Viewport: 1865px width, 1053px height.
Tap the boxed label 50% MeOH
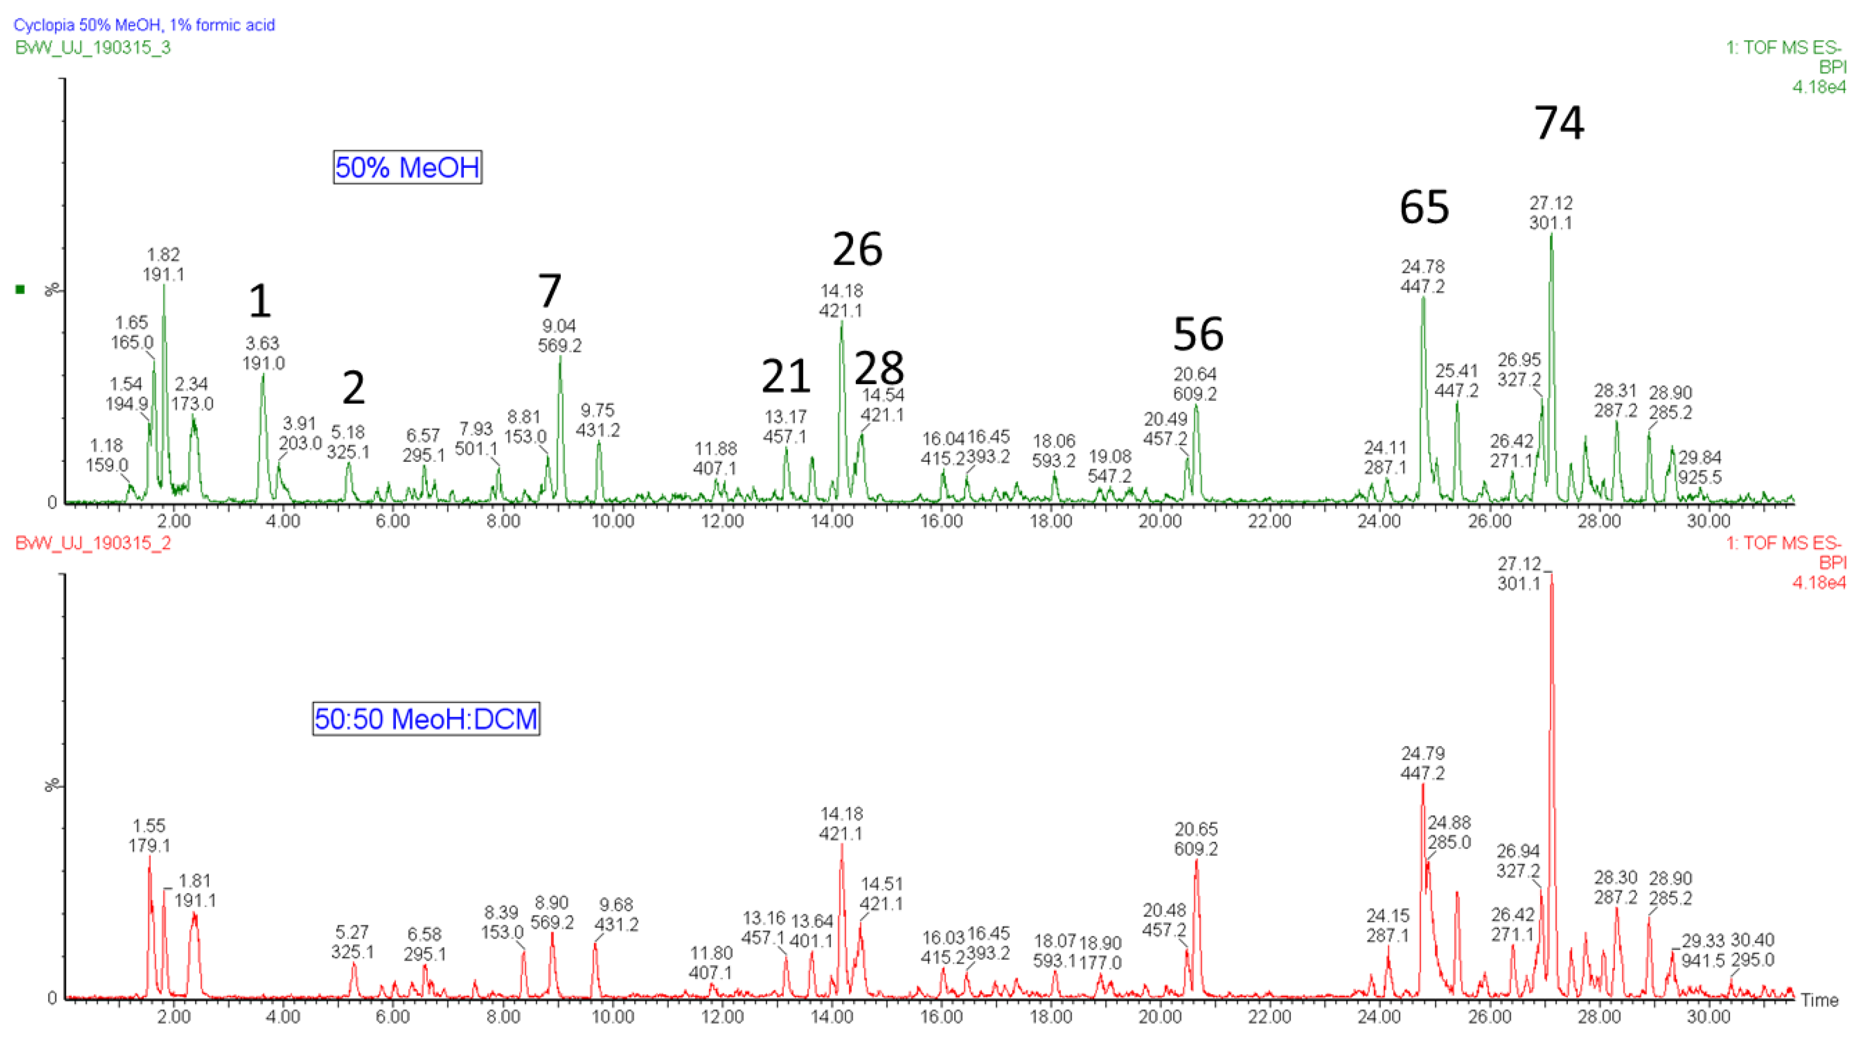(407, 167)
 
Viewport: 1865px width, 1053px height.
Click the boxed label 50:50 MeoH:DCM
(426, 718)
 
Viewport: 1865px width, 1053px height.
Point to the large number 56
(1198, 334)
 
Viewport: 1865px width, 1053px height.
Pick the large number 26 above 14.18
(857, 249)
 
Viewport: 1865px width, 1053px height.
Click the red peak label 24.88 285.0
(1449, 832)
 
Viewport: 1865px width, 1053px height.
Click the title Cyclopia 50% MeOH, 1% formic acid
(144, 25)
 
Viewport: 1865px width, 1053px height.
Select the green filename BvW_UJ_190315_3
(92, 48)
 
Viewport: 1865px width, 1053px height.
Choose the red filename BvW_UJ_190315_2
(92, 543)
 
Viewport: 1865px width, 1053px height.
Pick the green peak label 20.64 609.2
(1195, 384)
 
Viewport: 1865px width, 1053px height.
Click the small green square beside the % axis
(20, 290)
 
